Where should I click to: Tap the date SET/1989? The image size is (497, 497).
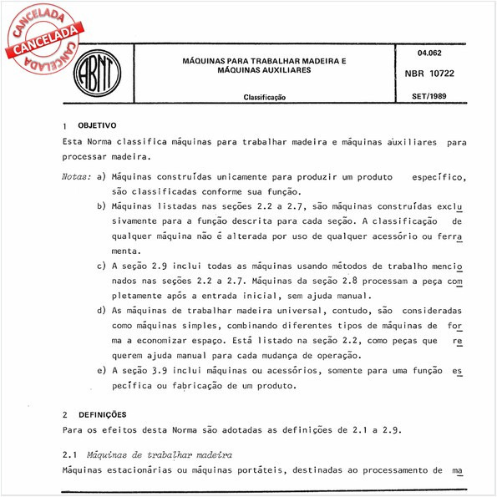click(x=429, y=97)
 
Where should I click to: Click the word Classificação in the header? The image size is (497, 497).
click(x=265, y=98)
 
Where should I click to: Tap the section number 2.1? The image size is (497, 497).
click(x=69, y=454)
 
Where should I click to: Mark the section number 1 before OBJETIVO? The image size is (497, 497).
click(x=65, y=125)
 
